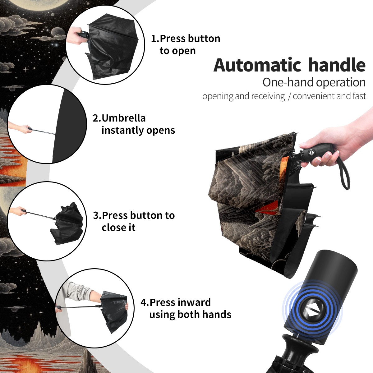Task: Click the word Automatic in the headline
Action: coord(257,65)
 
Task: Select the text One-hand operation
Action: coord(314,82)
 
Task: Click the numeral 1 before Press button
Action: coord(154,39)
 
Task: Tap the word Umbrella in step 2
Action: coord(123,118)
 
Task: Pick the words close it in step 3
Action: coord(118,228)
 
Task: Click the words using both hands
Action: coord(190,315)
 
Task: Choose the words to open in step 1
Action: coord(177,51)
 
